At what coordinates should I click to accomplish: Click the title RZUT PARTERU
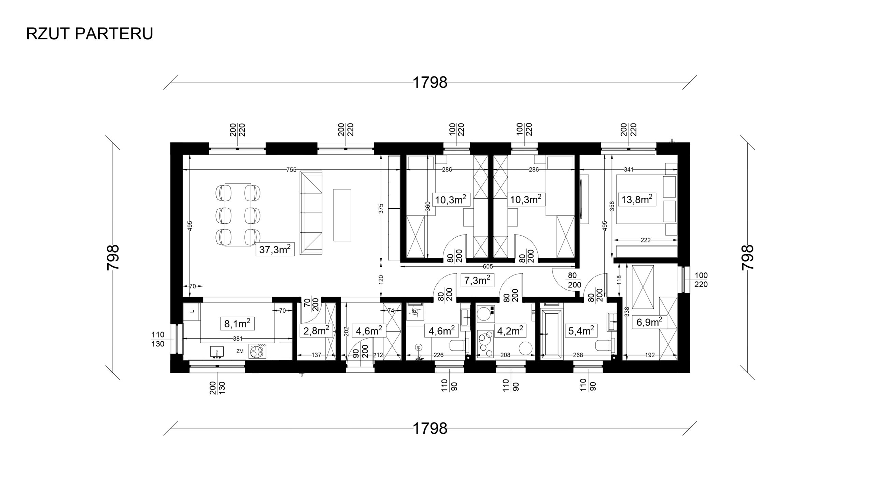(89, 34)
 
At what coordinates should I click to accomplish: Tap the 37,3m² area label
(275, 250)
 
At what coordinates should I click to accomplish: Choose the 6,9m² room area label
(650, 322)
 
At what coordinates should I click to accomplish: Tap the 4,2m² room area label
(510, 330)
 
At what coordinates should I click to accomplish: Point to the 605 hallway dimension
(488, 267)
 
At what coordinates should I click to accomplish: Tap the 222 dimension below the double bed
(646, 240)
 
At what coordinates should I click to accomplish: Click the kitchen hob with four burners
(258, 351)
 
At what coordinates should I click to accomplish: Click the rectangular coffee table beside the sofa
(342, 215)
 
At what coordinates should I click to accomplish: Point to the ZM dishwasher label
(240, 351)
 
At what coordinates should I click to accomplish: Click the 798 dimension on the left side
(113, 257)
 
